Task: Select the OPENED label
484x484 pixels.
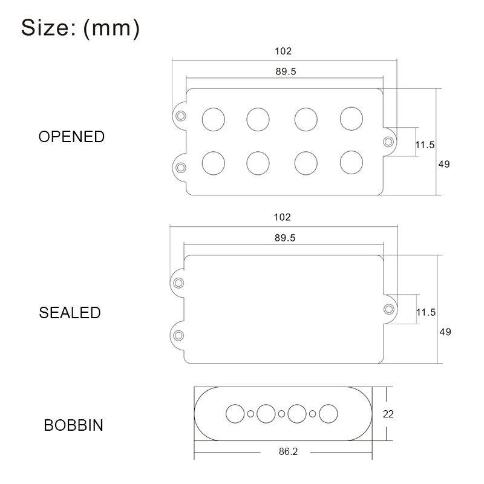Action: pyautogui.click(x=71, y=137)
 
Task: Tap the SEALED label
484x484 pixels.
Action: pyautogui.click(x=70, y=313)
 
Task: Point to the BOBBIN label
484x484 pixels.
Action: pyautogui.click(x=73, y=425)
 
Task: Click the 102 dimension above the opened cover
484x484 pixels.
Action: pyautogui.click(x=283, y=51)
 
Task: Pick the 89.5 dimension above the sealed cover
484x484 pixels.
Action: pyautogui.click(x=284, y=238)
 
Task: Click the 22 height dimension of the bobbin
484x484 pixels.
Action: pyautogui.click(x=388, y=414)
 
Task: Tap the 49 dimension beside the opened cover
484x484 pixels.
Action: pyautogui.click(x=444, y=164)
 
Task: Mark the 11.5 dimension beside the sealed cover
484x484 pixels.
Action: pyautogui.click(x=426, y=312)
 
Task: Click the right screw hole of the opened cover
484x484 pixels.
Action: pyautogui.click(x=388, y=142)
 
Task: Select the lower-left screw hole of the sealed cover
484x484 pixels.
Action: pyautogui.click(x=178, y=335)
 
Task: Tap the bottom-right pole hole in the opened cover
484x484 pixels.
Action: pyautogui.click(x=351, y=162)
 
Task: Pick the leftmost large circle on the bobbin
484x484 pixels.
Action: pyautogui.click(x=235, y=414)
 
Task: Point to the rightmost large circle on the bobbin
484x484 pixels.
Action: pyautogui.click(x=329, y=414)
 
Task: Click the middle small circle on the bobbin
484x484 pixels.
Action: pyautogui.click(x=281, y=414)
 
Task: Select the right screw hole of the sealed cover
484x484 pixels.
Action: pyautogui.click(x=388, y=309)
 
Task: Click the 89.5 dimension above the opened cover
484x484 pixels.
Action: pyautogui.click(x=286, y=71)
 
